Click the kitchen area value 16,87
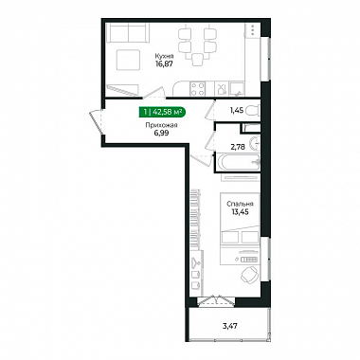pyautogui.click(x=164, y=63)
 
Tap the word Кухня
pyautogui.click(x=164, y=56)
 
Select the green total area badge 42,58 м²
pyautogui.click(x=163, y=111)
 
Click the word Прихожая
pyautogui.click(x=161, y=125)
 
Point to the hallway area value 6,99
pyautogui.click(x=161, y=133)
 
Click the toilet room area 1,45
pyautogui.click(x=236, y=110)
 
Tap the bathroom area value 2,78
pyautogui.click(x=238, y=147)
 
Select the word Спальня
pyautogui.click(x=240, y=204)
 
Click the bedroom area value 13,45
pyautogui.click(x=240, y=212)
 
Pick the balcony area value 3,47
pyautogui.click(x=229, y=325)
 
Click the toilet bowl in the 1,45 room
pyautogui.click(x=253, y=111)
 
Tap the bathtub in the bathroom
pyautogui.click(x=238, y=162)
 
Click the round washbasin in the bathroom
pyautogui.click(x=255, y=144)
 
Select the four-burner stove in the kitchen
pyautogui.click(x=197, y=89)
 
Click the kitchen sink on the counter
pyautogui.click(x=237, y=89)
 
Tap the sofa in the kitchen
pyautogui.click(x=127, y=33)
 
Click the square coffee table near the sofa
pyautogui.click(x=128, y=60)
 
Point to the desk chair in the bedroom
pyautogui.click(x=250, y=274)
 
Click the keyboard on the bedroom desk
pyautogui.click(x=250, y=259)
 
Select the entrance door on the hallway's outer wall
pyautogui.click(x=97, y=121)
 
